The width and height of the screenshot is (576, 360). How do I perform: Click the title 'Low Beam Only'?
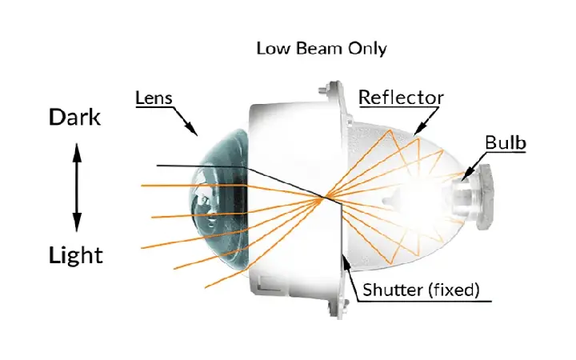pyautogui.click(x=321, y=48)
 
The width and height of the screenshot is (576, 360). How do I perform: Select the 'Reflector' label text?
pyautogui.click(x=400, y=98)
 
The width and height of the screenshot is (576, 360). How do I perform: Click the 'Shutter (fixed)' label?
pyautogui.click(x=421, y=290)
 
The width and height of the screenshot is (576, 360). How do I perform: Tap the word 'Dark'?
pyautogui.click(x=74, y=118)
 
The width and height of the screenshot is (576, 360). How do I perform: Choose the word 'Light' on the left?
pyautogui.click(x=75, y=256)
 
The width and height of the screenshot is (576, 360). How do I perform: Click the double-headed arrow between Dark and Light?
pyautogui.click(x=77, y=186)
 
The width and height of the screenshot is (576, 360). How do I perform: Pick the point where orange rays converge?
pyautogui.click(x=324, y=198)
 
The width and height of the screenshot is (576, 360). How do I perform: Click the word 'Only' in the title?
pyautogui.click(x=368, y=48)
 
